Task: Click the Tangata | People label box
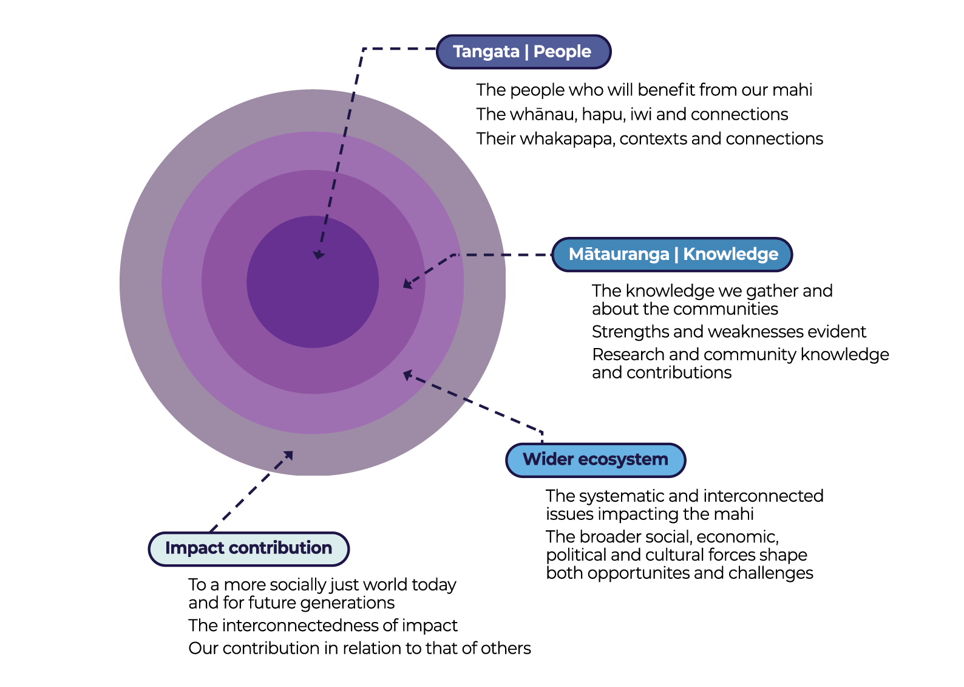click(x=523, y=52)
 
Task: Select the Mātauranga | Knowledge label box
click(x=673, y=255)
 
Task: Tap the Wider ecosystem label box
click(x=595, y=460)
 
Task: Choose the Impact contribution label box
click(x=248, y=549)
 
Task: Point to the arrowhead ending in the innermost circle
click(x=318, y=255)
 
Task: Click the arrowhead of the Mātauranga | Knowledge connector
click(x=407, y=284)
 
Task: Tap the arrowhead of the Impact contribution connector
click(x=289, y=455)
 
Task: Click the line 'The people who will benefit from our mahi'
click(x=643, y=91)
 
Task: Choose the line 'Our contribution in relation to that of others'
click(x=359, y=649)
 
